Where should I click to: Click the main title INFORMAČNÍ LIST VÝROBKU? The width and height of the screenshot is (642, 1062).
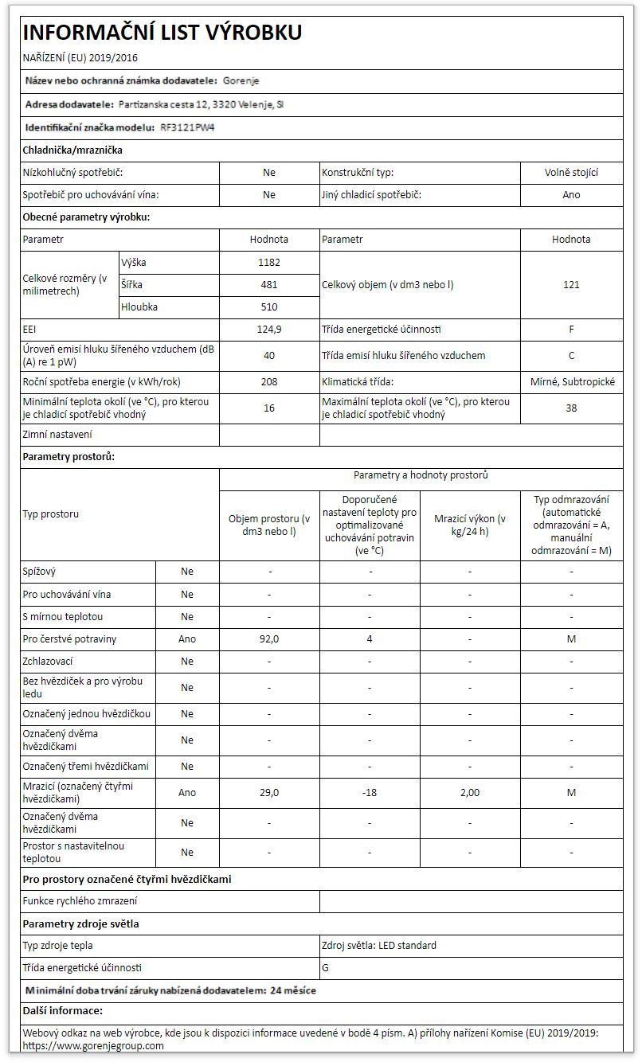(x=162, y=33)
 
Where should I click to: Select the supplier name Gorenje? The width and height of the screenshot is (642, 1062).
(x=241, y=81)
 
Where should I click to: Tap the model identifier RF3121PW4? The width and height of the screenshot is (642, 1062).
(x=188, y=127)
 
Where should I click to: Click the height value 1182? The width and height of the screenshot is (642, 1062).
(x=269, y=262)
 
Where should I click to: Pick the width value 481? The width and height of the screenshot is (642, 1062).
(x=269, y=284)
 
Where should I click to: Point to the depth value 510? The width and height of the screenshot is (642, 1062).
(x=269, y=306)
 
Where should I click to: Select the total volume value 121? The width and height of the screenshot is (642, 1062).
(x=571, y=284)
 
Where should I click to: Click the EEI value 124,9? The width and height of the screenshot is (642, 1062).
(x=269, y=330)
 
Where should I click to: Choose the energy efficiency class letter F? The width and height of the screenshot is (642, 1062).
(x=571, y=330)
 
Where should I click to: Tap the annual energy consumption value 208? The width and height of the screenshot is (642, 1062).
(x=269, y=382)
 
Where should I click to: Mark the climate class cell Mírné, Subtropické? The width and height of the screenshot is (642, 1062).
(x=571, y=382)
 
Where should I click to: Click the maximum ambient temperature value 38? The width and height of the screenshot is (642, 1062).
(x=571, y=408)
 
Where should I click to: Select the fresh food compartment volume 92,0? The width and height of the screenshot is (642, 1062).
(x=269, y=639)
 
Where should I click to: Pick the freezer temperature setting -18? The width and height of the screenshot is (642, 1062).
(x=370, y=793)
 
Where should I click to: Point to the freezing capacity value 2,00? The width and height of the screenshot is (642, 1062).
(x=470, y=793)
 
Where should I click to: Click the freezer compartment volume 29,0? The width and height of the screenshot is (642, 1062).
(x=269, y=793)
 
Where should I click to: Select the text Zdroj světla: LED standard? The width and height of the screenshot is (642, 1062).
(x=379, y=946)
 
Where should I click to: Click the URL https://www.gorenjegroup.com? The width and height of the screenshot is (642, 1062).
(x=93, y=1045)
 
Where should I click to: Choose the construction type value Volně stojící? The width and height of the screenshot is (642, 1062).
(x=571, y=173)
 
